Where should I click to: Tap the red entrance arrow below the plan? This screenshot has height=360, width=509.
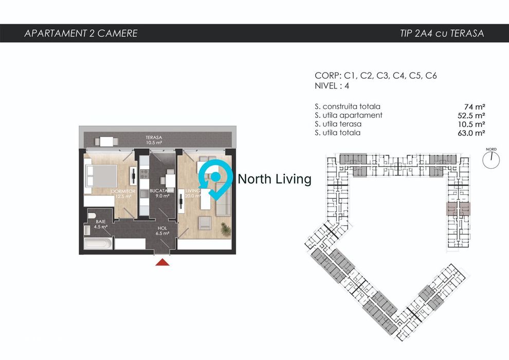click(163, 262)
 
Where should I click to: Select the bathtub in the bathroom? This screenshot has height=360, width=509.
click(97, 243)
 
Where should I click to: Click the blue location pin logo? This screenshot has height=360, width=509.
click(216, 179)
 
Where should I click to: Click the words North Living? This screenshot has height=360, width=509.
click(275, 179)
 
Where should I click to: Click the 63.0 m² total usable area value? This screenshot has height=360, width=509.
click(474, 133)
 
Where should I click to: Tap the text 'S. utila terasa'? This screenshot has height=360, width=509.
click(338, 124)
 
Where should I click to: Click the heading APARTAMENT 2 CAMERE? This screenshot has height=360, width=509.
click(81, 34)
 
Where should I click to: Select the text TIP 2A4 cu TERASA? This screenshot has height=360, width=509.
click(442, 34)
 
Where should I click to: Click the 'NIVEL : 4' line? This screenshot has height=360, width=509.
click(332, 86)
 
